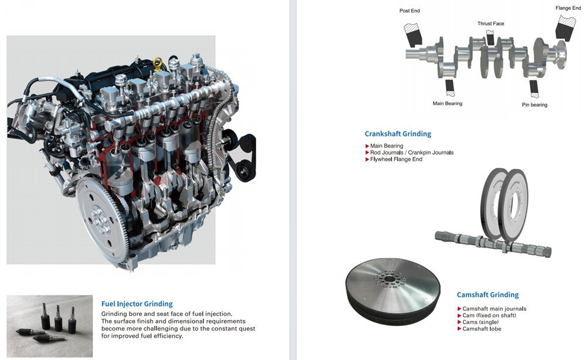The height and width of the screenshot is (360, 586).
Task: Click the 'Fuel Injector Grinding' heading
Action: [137, 304]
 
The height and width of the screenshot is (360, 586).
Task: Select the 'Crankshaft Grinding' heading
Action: [397, 134]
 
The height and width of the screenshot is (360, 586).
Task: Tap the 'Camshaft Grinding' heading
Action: [488, 295]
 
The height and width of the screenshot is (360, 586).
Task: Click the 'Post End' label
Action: [410, 11]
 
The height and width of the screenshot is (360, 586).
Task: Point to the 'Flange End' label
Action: [568, 8]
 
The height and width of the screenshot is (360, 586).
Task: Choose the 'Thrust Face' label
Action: [490, 24]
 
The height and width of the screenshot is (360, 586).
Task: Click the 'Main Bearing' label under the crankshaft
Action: [447, 104]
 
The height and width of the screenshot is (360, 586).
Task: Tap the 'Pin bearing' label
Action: [534, 105]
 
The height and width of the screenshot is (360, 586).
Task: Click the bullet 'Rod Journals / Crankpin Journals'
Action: [411, 152]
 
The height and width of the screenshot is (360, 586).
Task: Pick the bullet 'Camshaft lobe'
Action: [482, 329]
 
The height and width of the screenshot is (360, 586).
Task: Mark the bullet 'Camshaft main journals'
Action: [494, 308]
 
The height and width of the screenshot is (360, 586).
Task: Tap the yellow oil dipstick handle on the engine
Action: [156, 62]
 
